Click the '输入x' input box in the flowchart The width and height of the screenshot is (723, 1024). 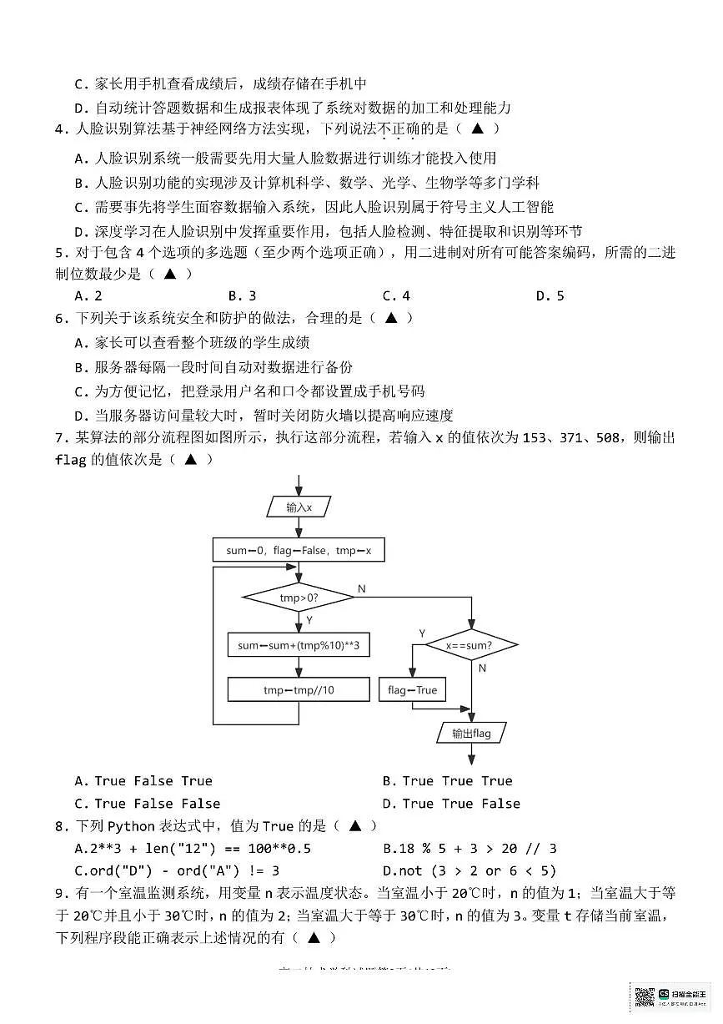click(298, 507)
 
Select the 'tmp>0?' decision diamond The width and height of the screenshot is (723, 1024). click(298, 598)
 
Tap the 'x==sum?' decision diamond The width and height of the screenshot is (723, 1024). click(471, 645)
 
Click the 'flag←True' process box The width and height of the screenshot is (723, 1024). click(412, 690)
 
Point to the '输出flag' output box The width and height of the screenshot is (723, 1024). click(471, 734)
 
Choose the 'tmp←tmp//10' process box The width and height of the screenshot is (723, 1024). click(298, 689)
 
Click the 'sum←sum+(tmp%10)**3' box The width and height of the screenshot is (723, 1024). click(298, 645)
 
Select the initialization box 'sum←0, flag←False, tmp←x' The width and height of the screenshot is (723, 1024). click(298, 551)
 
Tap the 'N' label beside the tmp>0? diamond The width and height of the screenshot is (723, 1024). click(361, 589)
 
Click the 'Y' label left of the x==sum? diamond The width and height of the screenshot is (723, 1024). click(421, 633)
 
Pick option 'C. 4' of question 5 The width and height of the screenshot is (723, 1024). click(396, 295)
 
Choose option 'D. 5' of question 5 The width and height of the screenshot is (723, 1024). click(550, 295)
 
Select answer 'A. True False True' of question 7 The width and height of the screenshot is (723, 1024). click(143, 781)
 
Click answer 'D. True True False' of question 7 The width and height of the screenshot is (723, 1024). click(451, 804)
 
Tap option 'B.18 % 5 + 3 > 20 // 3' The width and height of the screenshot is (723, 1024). click(469, 849)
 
